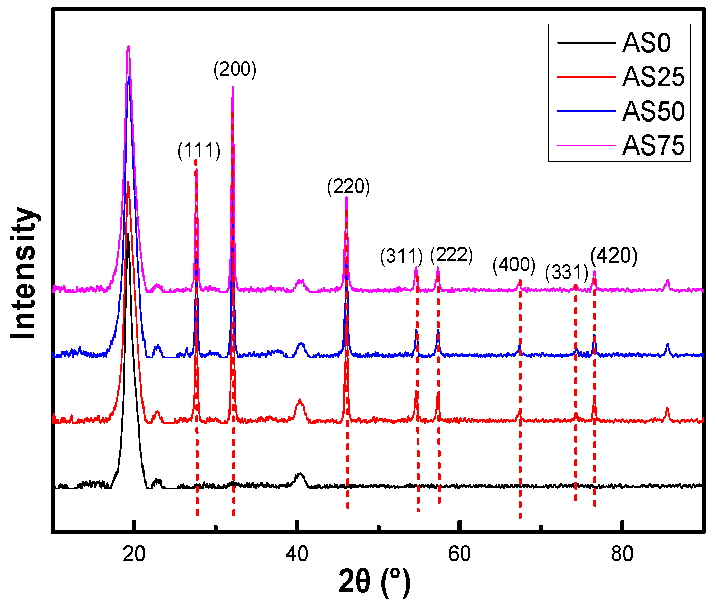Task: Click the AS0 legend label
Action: pos(646,43)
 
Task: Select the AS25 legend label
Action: pos(653,77)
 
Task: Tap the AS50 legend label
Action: pos(653,112)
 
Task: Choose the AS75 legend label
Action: pos(653,146)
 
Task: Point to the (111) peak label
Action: pos(199,151)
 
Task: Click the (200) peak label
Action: pos(235,70)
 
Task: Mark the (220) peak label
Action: pos(349,187)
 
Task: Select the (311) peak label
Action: pos(401,257)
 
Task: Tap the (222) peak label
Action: pos(451,255)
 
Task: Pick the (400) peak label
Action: pos(514,265)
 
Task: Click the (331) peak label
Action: pos(566,273)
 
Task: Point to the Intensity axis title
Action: pos(24,272)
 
